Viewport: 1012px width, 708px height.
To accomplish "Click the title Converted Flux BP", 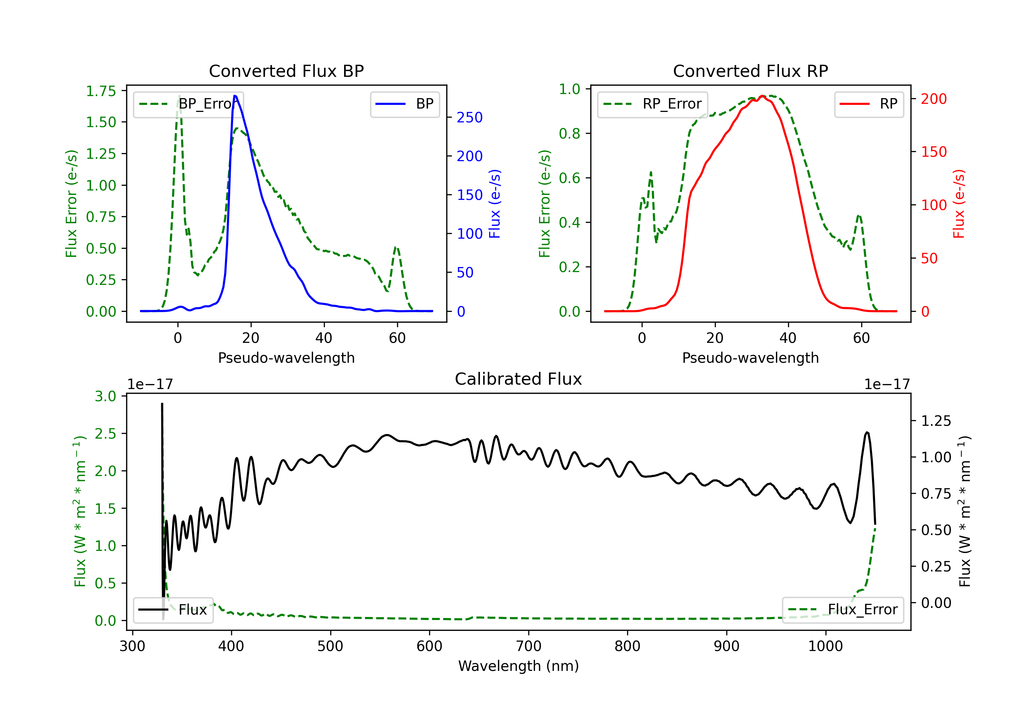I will point(286,71).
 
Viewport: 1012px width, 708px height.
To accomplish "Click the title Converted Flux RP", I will point(750,71).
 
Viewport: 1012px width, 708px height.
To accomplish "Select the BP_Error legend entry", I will point(188,104).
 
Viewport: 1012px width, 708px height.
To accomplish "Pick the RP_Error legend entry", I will point(652,104).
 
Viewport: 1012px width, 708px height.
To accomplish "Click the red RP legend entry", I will point(869,104).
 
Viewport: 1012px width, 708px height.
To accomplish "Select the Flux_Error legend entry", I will point(843,610).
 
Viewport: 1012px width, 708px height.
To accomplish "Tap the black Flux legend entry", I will point(173,610).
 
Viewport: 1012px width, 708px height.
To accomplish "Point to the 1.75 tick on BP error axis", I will point(101,91).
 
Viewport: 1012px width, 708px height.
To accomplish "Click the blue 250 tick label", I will point(470,118).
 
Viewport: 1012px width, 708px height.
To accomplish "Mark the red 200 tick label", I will point(933,99).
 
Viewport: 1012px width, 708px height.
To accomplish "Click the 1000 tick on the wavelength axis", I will point(825,646).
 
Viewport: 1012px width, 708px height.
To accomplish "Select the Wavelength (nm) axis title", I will point(518,666).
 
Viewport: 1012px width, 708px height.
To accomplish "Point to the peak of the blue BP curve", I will point(235,96).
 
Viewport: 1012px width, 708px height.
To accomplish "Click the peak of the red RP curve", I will point(762,96).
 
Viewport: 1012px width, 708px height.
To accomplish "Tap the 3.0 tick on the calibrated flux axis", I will point(105,396).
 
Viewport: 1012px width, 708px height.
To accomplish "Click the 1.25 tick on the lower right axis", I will point(936,421).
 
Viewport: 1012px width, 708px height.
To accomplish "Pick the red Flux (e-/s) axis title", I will point(959,204).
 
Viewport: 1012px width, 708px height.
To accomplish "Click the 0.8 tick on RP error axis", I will point(569,134).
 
